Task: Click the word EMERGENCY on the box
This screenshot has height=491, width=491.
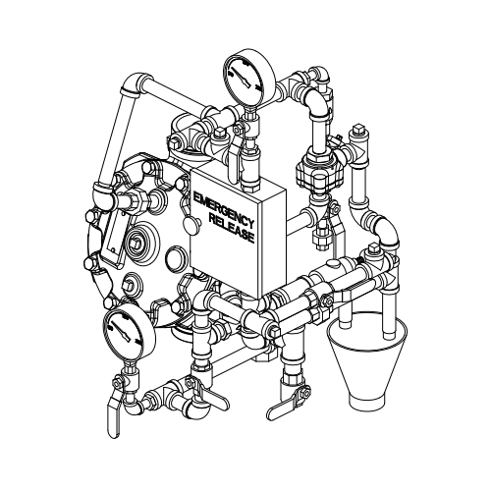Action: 224,209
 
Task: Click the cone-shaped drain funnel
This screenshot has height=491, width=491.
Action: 368,360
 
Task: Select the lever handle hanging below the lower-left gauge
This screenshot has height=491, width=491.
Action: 113,415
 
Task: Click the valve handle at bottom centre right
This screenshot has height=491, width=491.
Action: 285,409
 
